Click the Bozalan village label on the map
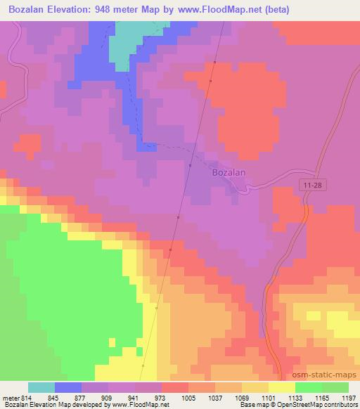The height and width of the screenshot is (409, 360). (x=229, y=171)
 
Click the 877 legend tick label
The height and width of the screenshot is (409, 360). (x=82, y=397)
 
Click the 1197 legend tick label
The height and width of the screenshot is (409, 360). (x=349, y=397)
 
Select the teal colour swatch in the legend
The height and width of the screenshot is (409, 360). (x=41, y=387)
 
